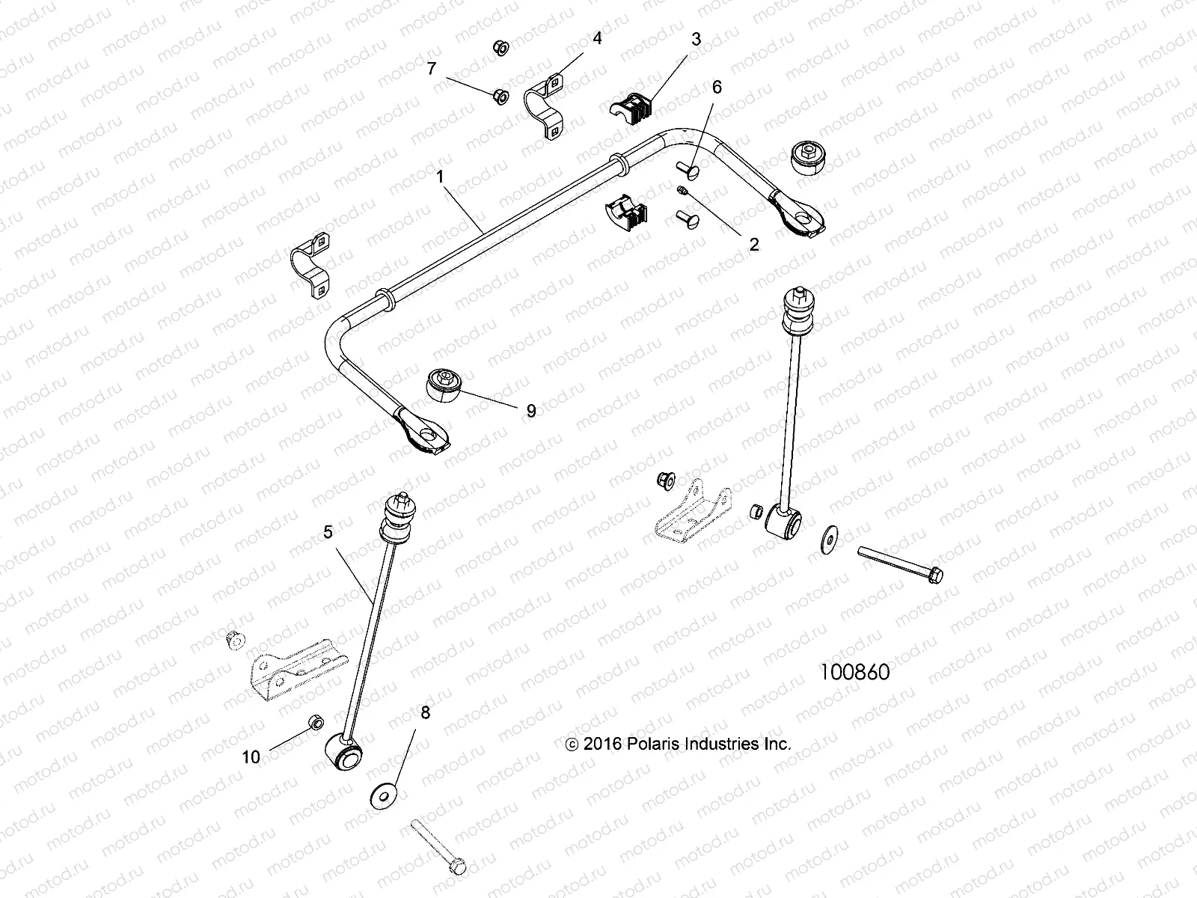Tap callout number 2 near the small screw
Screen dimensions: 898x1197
click(x=753, y=244)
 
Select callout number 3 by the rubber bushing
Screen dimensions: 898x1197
click(x=696, y=39)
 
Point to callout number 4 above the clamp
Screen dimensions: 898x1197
click(x=597, y=37)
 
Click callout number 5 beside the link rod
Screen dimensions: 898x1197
click(x=328, y=532)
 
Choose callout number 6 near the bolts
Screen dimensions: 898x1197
click(x=717, y=87)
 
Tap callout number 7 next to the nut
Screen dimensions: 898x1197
click(x=432, y=69)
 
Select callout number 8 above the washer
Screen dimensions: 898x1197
click(x=425, y=712)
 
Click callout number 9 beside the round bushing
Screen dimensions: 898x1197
click(x=530, y=410)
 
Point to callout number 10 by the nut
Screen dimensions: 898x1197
click(x=251, y=757)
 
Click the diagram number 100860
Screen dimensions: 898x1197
click(x=855, y=672)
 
